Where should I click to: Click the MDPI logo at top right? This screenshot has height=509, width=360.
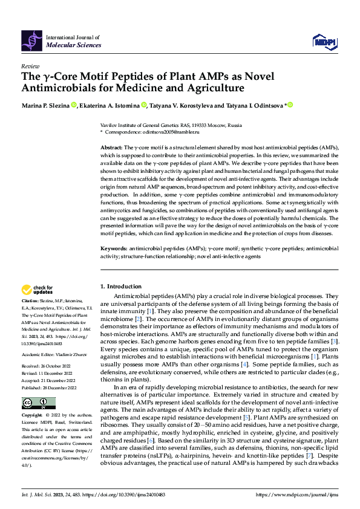pyautogui.click(x=324, y=41)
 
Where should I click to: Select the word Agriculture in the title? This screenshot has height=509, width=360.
pyautogui.click(x=211, y=88)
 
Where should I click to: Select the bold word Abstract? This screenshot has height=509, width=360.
pyautogui.click(x=111, y=148)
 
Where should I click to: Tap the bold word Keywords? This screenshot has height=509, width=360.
pyautogui.click(x=114, y=248)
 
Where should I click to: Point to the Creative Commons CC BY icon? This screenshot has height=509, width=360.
pyautogui.click(x=38, y=403)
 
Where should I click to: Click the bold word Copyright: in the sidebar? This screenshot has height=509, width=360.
pyautogui.click(x=33, y=416)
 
